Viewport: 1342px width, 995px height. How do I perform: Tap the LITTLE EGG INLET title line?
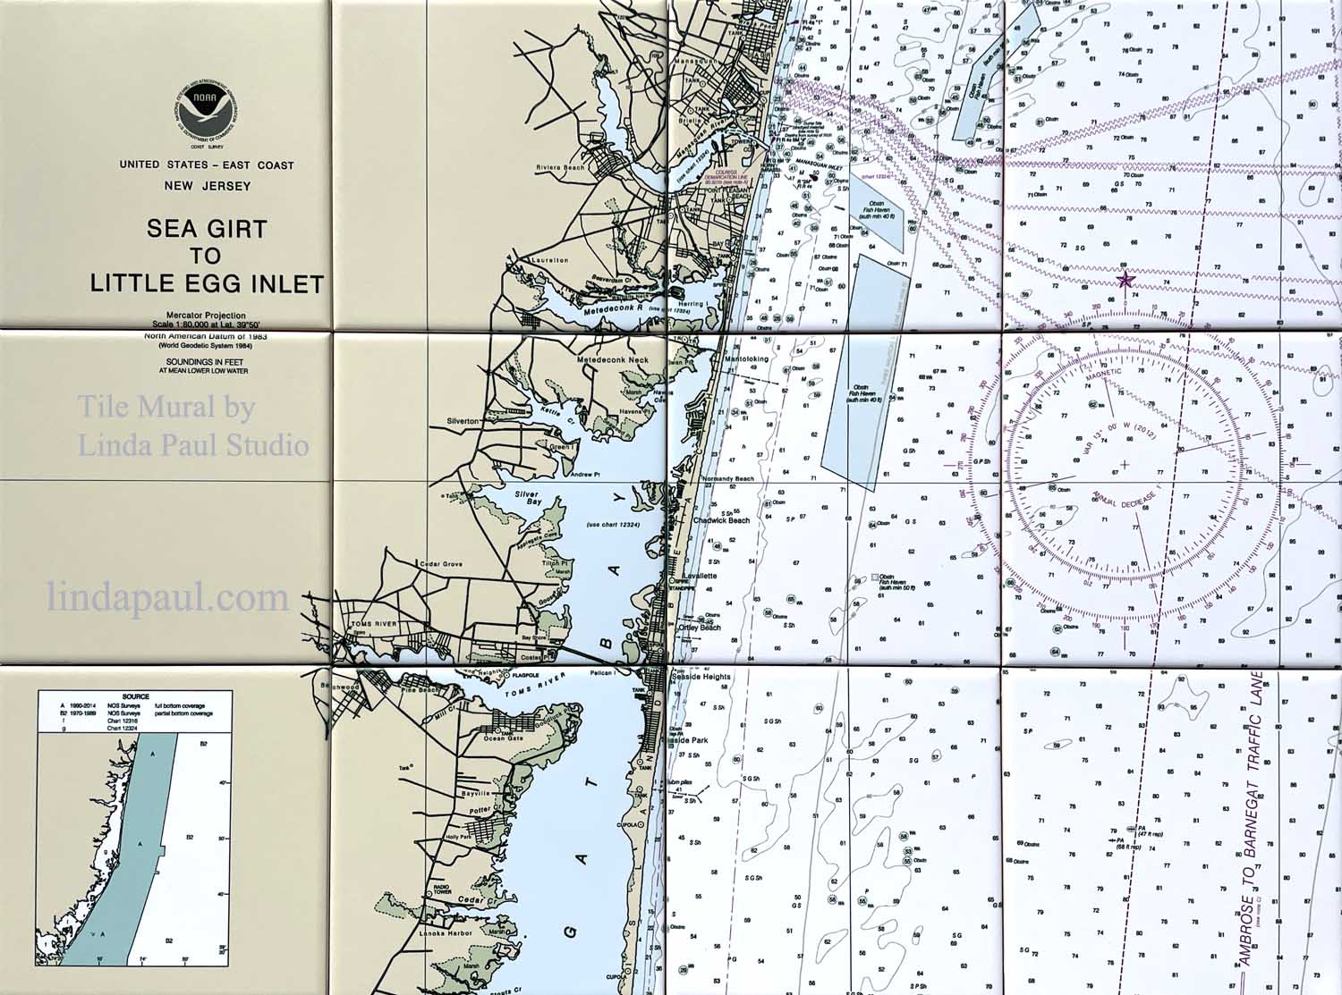click(x=207, y=284)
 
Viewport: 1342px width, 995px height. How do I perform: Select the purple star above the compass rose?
click(x=1125, y=281)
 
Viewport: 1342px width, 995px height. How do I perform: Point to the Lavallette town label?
click(x=700, y=576)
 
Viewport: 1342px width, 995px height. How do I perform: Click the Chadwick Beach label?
click(x=720, y=520)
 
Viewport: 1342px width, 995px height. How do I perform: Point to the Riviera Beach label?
click(x=561, y=167)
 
